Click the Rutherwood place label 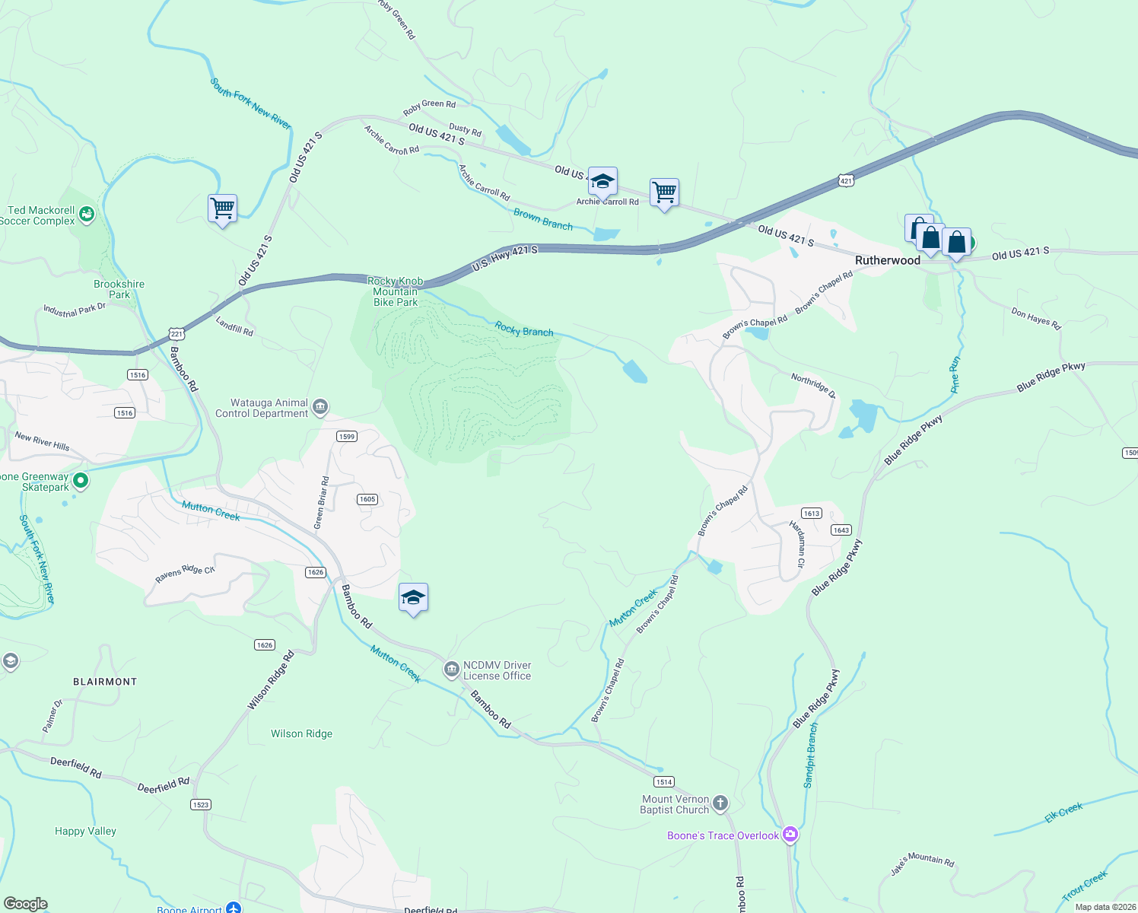(x=887, y=260)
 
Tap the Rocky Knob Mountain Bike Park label (x=396, y=291)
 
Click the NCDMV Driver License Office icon (x=451, y=670)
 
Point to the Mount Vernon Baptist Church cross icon (x=720, y=803)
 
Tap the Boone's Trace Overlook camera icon (x=790, y=835)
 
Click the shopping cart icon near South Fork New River (x=222, y=208)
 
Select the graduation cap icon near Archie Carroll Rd (x=602, y=182)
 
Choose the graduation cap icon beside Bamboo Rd (x=413, y=598)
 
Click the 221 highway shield (x=176, y=334)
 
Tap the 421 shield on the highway (x=846, y=180)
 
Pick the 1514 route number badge (x=664, y=781)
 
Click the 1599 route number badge (x=346, y=436)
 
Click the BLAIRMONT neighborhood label (x=105, y=682)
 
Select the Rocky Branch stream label (x=524, y=329)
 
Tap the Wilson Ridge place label (x=302, y=734)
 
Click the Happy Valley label (x=85, y=832)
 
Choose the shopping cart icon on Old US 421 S (x=664, y=193)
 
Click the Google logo (x=26, y=904)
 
